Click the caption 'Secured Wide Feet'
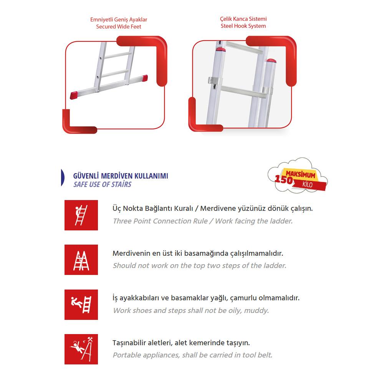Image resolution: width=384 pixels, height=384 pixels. tap(118, 26)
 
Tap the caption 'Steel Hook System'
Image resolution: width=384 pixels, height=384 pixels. tap(243, 26)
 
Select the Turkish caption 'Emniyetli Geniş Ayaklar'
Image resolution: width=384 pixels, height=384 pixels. tap(119, 19)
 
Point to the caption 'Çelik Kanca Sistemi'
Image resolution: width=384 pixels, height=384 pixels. tap(243, 18)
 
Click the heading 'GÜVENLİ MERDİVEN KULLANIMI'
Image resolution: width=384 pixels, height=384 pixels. tap(121, 176)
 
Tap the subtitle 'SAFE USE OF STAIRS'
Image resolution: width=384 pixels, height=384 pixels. tap(102, 184)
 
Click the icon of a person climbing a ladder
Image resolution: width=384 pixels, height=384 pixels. tap(81, 215)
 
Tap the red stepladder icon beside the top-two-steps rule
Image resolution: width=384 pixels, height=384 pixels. tap(81, 260)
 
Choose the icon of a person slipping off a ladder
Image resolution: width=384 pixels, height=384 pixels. tap(81, 304)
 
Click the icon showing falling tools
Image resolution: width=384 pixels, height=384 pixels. tap(81, 349)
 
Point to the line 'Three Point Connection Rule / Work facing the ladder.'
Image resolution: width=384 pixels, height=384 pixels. tap(203, 221)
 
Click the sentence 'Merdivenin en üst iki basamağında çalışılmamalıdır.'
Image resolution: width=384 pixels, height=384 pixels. tap(198, 253)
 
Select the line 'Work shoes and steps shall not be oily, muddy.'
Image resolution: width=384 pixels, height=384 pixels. tap(191, 310)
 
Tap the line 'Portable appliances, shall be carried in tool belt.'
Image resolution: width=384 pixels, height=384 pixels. tap(192, 355)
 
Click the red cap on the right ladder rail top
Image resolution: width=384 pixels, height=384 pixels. tap(271, 61)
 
